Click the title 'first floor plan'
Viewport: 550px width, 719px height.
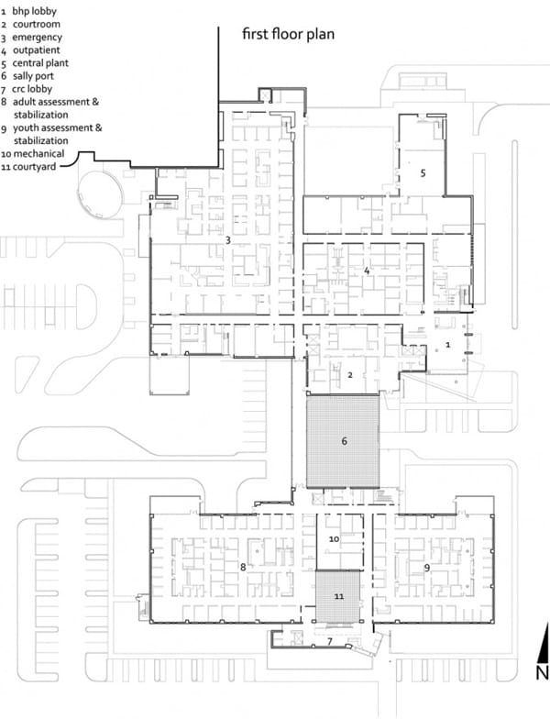tap(288, 35)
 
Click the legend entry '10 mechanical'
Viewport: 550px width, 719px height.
tap(33, 154)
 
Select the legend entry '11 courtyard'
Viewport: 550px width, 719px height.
tap(28, 167)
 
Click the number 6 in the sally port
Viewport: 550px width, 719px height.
tap(345, 441)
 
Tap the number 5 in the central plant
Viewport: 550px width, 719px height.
tap(423, 172)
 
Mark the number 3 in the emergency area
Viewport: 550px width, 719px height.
tap(227, 240)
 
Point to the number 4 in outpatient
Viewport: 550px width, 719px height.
tap(367, 271)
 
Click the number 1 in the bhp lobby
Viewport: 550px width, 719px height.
tap(447, 345)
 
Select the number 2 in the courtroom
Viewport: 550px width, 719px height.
tap(350, 375)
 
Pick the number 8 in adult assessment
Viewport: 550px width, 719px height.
tap(243, 567)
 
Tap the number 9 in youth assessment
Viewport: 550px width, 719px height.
tap(427, 569)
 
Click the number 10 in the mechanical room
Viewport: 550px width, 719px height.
tap(334, 539)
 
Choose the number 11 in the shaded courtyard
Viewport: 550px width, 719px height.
tap(339, 596)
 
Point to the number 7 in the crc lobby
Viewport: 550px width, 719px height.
tap(330, 641)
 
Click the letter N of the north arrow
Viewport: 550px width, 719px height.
tap(543, 673)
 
